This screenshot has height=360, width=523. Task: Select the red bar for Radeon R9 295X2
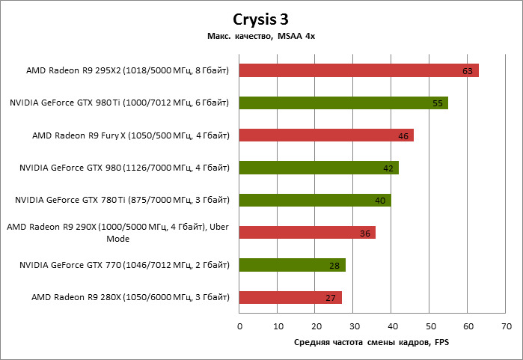[x=358, y=70]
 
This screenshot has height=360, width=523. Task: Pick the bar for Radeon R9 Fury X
[x=325, y=135]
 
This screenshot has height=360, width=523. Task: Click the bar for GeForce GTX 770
[x=292, y=265]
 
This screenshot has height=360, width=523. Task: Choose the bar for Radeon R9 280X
[x=290, y=297]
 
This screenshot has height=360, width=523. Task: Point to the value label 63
[x=468, y=71]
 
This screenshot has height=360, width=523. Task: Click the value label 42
[x=388, y=168]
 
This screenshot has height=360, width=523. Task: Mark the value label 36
[x=365, y=234]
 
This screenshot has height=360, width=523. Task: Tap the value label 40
[x=381, y=201]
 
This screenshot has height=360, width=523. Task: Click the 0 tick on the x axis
[x=239, y=326]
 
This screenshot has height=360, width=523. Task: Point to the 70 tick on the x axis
[x=507, y=326]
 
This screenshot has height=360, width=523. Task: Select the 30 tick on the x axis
[x=354, y=326]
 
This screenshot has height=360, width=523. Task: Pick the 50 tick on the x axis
[x=430, y=326]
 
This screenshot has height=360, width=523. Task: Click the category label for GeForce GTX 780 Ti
[x=122, y=200]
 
